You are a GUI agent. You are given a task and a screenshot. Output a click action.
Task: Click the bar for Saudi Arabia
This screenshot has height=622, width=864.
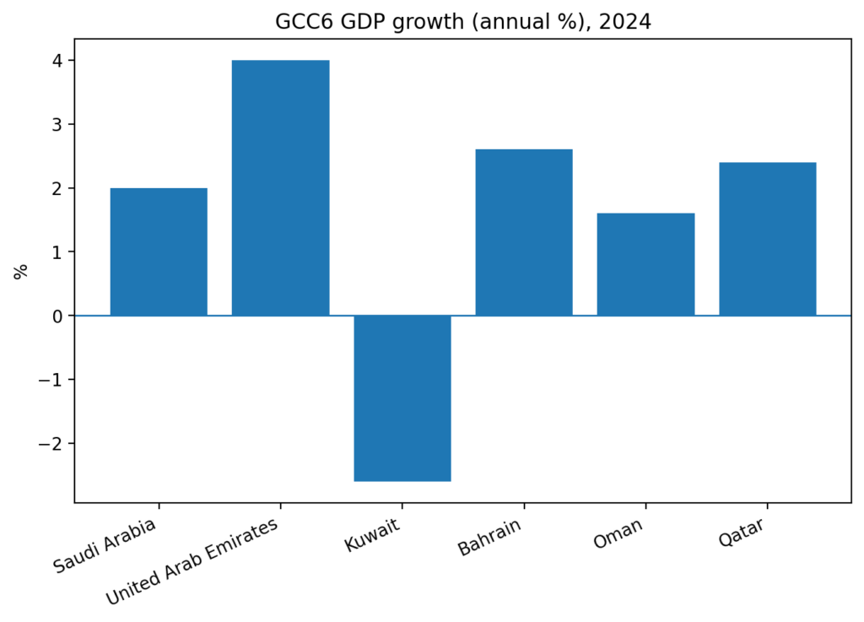click(159, 252)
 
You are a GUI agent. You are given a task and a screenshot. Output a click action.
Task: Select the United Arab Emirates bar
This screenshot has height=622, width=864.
click(280, 187)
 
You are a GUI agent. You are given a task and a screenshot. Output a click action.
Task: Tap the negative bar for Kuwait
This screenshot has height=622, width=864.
click(402, 398)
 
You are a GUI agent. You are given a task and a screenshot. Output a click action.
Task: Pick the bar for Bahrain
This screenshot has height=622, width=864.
click(524, 232)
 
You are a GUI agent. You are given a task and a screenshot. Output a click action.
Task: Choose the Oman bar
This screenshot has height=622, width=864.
click(645, 264)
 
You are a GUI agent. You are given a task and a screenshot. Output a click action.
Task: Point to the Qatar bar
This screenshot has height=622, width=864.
click(767, 239)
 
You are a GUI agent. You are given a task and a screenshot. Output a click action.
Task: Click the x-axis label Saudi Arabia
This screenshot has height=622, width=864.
click(105, 547)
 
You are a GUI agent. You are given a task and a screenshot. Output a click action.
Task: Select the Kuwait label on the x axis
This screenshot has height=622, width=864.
click(372, 536)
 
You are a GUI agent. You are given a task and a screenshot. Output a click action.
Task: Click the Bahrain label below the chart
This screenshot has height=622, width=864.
click(489, 538)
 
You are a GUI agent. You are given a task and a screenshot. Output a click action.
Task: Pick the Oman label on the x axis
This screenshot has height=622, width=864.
click(618, 533)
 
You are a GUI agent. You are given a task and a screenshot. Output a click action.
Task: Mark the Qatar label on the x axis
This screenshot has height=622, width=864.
click(742, 533)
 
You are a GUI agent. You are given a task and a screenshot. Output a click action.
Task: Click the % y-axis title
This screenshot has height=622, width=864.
click(21, 271)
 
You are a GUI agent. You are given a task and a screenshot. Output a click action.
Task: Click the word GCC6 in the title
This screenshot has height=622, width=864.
click(301, 22)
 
